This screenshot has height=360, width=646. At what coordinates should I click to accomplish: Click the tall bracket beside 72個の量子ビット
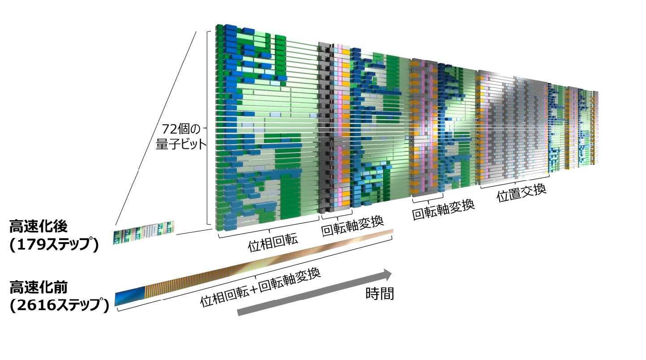pyautogui.click(x=208, y=128)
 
